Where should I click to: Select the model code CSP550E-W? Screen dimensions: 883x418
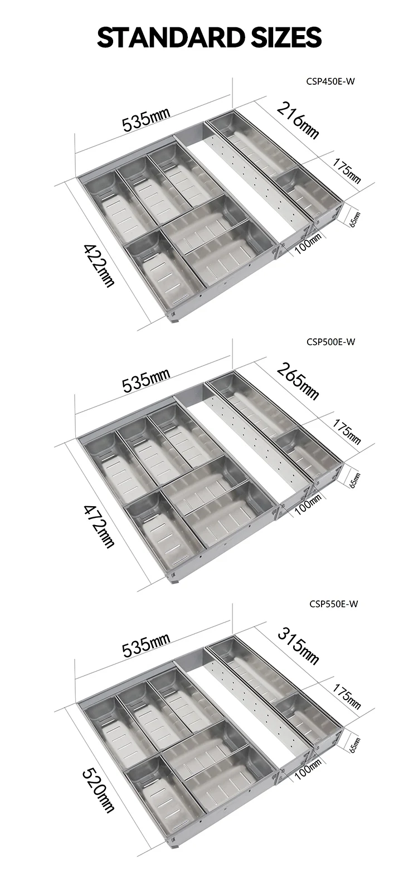click(332, 603)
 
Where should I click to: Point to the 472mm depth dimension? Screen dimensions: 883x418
click(100, 525)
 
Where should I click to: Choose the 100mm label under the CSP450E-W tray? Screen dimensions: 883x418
click(308, 244)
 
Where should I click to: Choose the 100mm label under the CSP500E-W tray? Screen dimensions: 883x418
click(308, 504)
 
